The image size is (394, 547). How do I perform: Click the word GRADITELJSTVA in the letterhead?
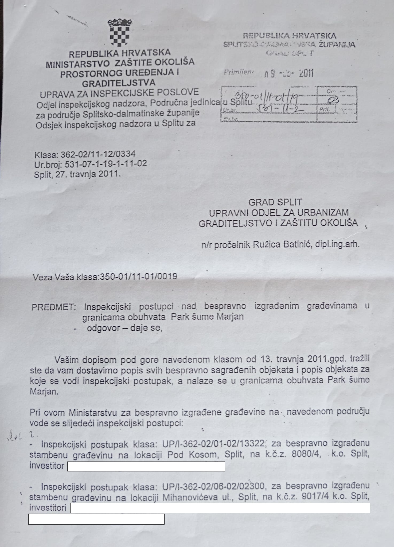[x=119, y=83]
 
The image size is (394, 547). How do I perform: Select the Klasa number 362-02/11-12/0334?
[x=98, y=154]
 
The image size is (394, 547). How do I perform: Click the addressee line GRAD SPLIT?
[x=275, y=202]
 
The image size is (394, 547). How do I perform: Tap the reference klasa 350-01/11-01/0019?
[x=138, y=276]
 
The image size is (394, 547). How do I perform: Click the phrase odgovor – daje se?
[x=124, y=328]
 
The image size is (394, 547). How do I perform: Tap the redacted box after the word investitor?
[x=146, y=466]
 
